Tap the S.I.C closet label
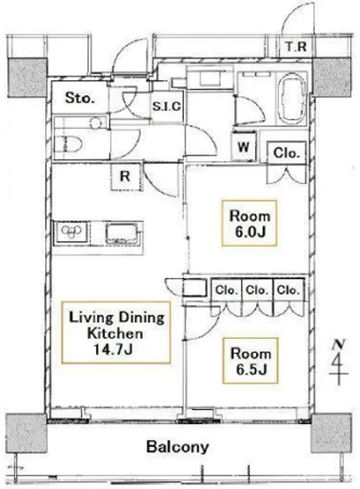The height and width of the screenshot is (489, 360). tap(166, 107)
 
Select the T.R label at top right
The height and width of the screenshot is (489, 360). tap(296, 47)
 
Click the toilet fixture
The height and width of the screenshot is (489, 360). tap(68, 145)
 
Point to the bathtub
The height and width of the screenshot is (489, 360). tap(293, 98)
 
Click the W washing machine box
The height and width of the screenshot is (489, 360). tap(244, 147)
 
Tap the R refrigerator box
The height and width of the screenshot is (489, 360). tap(125, 177)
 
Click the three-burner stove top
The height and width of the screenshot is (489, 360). tap(71, 232)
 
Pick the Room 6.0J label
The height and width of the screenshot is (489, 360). tap(250, 223)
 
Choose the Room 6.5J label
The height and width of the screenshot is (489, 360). tap(251, 361)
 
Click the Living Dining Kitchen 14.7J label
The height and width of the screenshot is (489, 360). tap(116, 333)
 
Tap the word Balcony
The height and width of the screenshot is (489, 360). tap(178, 447)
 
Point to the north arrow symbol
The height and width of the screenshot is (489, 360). tap(339, 362)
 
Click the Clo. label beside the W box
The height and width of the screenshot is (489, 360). tap(286, 153)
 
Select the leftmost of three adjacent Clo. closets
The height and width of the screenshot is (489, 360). tap(227, 291)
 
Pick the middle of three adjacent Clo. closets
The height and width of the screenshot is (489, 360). tap(258, 291)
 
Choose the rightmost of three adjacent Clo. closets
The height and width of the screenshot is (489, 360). tap(288, 291)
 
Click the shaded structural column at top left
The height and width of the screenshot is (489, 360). tap(28, 77)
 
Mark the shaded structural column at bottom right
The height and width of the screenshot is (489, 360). tap(332, 433)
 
